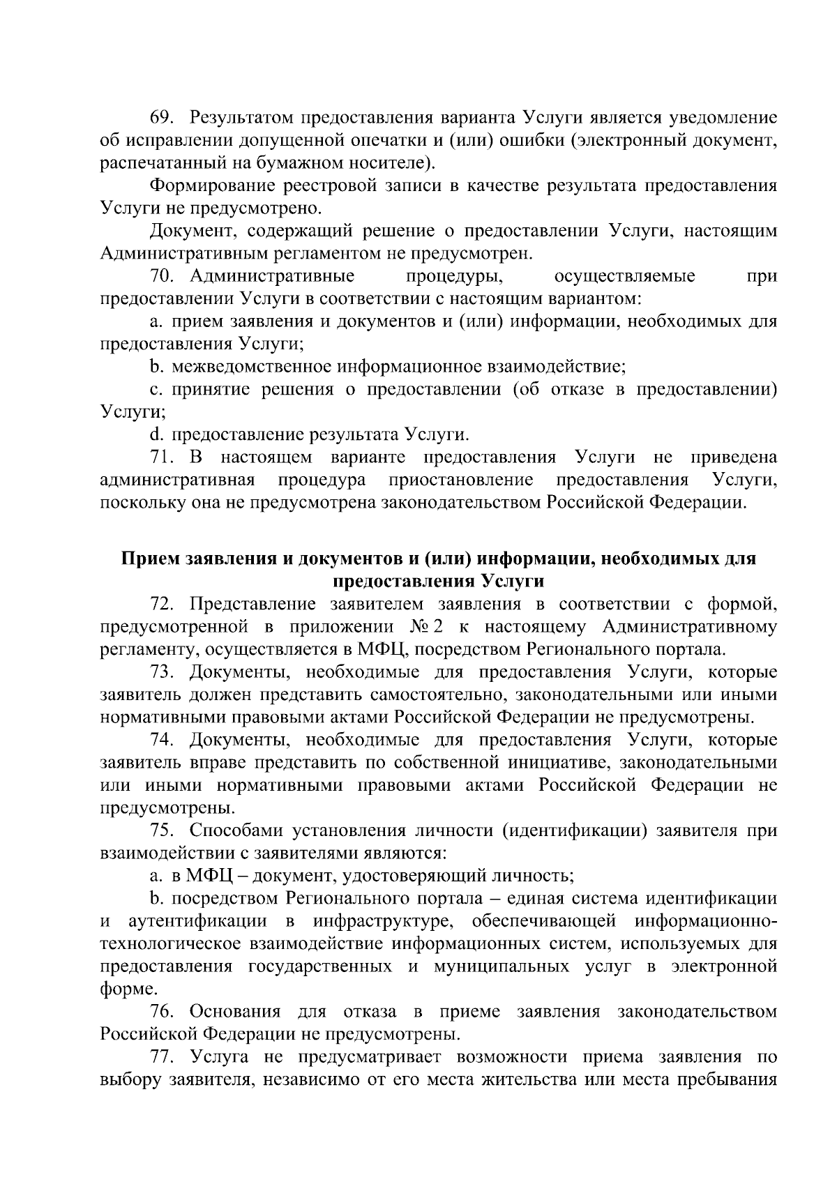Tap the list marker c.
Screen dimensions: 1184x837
point(156,390)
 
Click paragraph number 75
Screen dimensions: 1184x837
point(162,831)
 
